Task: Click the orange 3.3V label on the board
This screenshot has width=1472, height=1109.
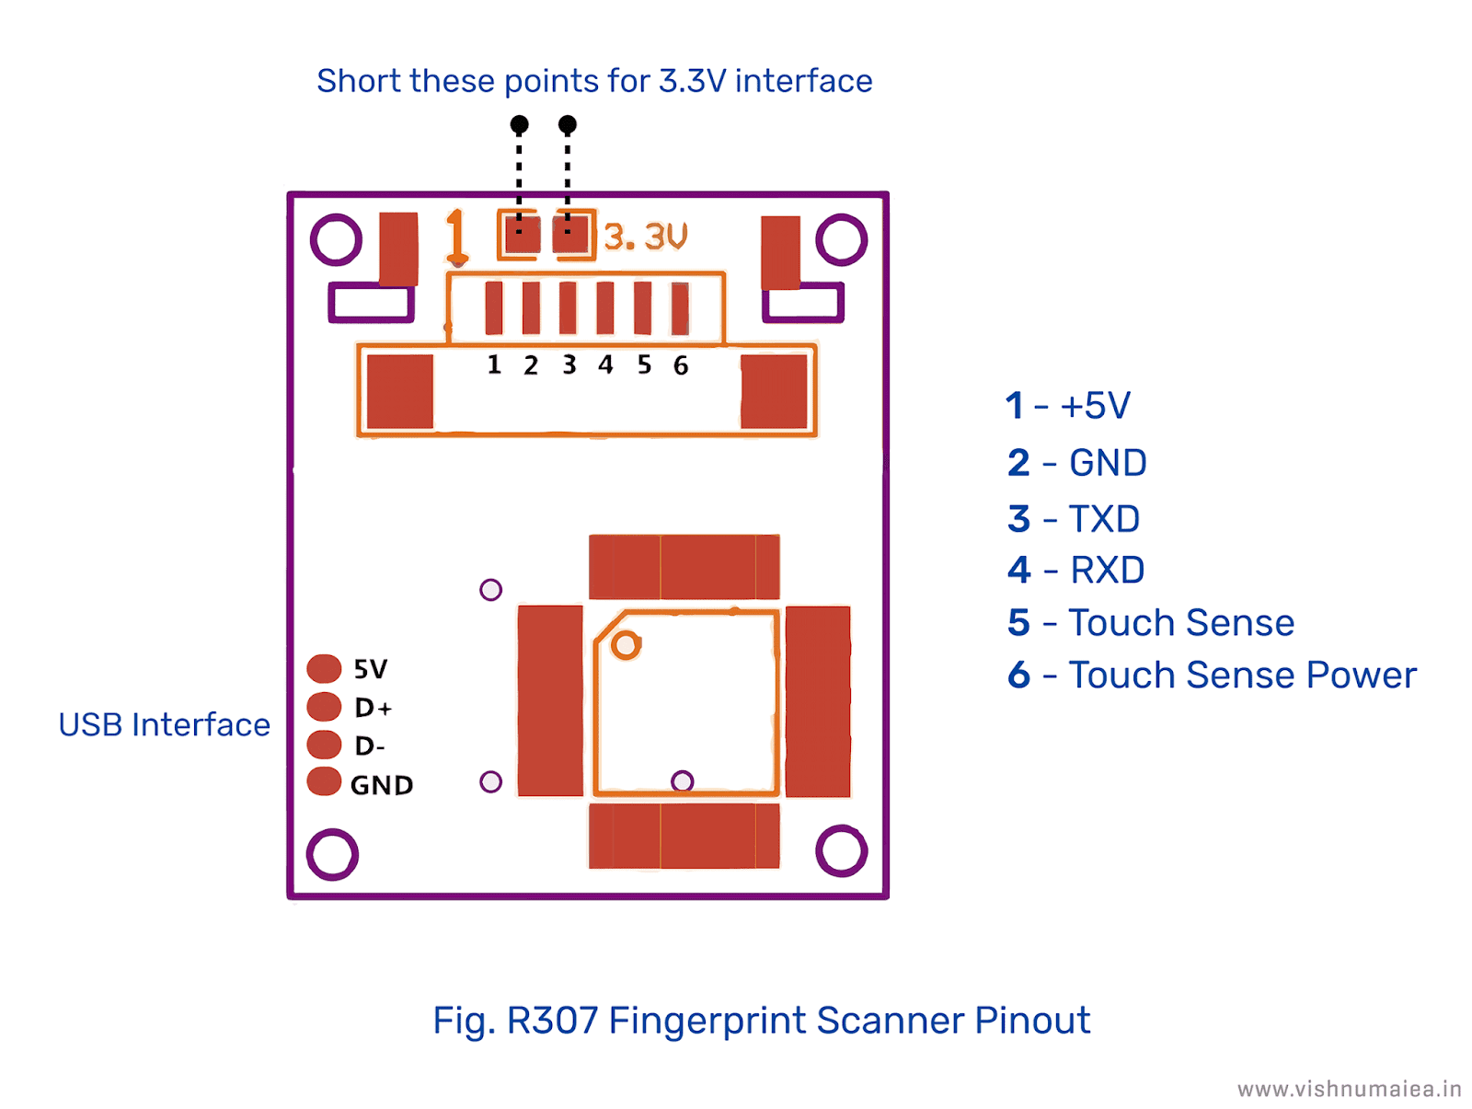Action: point(645,237)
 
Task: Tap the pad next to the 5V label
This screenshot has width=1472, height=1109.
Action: point(324,668)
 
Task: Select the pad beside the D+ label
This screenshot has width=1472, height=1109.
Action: point(324,707)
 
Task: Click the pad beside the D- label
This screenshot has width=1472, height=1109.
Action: point(324,745)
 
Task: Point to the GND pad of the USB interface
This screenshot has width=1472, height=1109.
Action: point(324,781)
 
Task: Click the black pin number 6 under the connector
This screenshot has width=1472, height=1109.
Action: point(681,365)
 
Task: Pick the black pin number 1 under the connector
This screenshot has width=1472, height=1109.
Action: point(494,364)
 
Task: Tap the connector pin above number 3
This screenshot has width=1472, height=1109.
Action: point(568,307)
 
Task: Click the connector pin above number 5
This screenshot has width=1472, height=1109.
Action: point(642,307)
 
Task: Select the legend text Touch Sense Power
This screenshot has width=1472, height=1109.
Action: point(1242,675)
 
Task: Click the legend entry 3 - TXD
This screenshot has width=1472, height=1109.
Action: point(1074,519)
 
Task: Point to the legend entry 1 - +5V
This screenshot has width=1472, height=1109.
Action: point(1068,406)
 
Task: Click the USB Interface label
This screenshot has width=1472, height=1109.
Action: point(164,724)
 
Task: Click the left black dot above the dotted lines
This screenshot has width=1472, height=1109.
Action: point(519,123)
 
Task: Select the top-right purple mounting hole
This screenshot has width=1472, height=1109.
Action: point(841,239)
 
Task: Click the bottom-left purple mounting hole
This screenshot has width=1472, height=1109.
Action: point(332,854)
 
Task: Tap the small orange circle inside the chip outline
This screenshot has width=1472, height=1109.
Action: point(626,645)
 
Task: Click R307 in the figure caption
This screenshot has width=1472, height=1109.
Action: point(552,1020)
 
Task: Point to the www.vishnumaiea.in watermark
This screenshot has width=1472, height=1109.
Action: point(1349,1090)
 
